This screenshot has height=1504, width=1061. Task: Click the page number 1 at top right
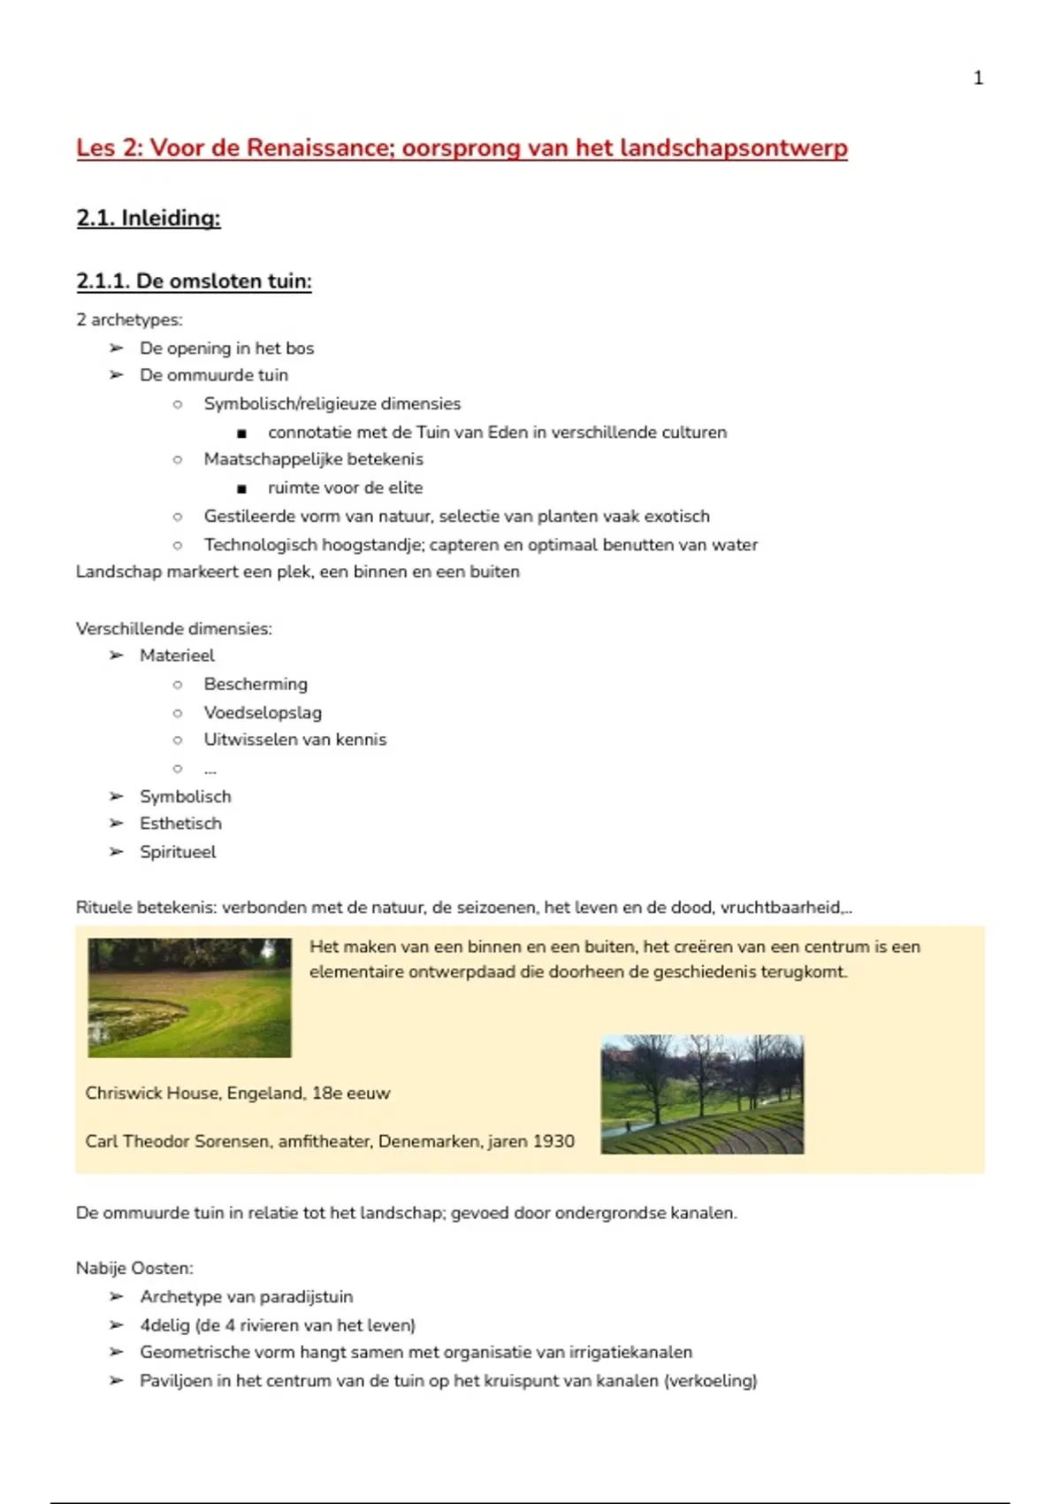coord(978,78)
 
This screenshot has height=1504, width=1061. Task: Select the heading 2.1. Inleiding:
coord(149,218)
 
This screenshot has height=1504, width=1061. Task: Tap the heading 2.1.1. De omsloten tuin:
coord(194,281)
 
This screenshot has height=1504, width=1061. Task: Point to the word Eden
coord(508,433)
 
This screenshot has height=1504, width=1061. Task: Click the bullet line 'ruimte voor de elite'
coord(345,487)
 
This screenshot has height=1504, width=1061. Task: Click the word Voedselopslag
coord(263,712)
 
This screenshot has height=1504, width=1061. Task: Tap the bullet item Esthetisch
coord(180,824)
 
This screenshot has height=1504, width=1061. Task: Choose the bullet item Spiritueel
coord(178,852)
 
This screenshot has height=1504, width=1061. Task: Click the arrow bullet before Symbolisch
coord(116,796)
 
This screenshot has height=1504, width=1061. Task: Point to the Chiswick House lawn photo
coord(189,997)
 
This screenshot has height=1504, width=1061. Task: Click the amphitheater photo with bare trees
coord(702,1094)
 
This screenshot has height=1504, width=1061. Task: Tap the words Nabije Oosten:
coord(134,1269)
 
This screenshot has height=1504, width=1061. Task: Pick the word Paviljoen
coord(174,1381)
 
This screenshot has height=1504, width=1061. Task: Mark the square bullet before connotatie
coord(241,434)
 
